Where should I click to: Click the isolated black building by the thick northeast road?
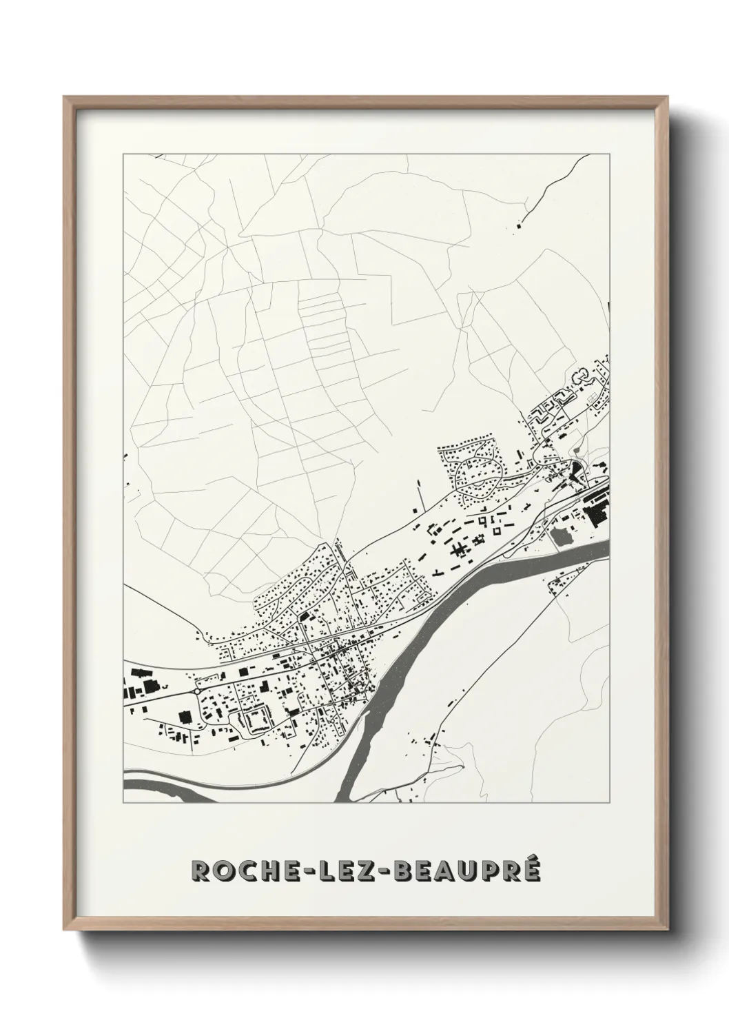[x=520, y=223]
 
